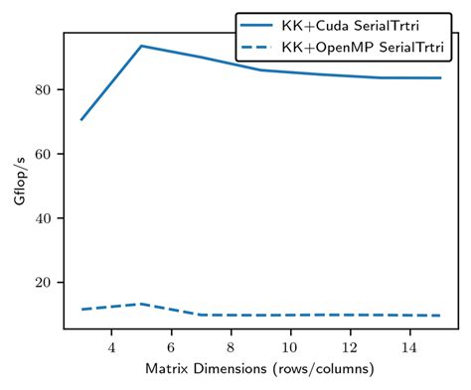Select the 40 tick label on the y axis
(51, 218)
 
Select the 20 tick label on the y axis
(51, 283)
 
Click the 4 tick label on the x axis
(111, 347)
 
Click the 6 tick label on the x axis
(171, 347)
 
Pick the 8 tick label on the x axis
(231, 347)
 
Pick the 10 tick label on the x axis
(290, 347)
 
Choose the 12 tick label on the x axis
(351, 347)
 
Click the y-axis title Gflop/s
(20, 182)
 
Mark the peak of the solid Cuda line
(141, 46)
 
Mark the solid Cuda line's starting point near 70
(81, 120)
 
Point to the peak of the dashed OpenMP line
(141, 304)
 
